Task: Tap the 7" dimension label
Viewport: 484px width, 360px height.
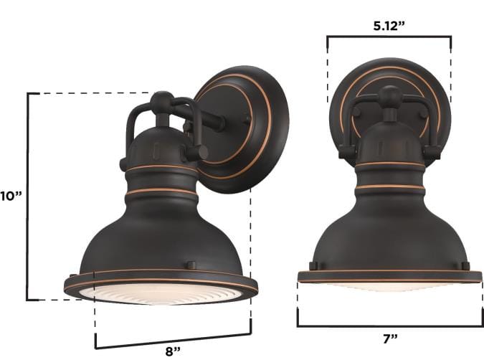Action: click(x=389, y=337)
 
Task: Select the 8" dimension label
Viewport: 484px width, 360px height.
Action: click(x=172, y=351)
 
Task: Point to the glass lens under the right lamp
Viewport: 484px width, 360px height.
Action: click(x=389, y=285)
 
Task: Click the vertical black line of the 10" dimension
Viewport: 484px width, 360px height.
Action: click(x=28, y=196)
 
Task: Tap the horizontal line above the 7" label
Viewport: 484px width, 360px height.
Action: click(x=389, y=324)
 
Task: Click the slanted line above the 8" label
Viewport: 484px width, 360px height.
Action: click(x=173, y=338)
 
